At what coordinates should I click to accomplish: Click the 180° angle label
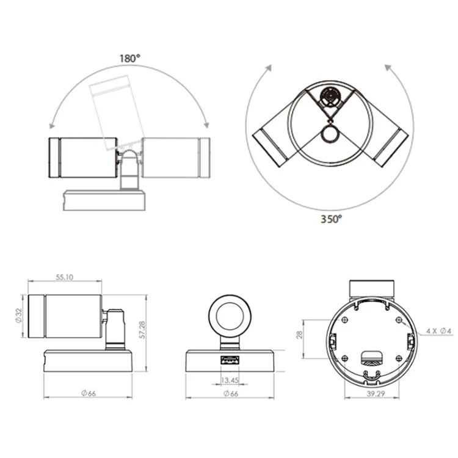coord(129,59)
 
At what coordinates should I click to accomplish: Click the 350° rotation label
coord(331,219)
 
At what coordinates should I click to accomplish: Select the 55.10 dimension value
coord(65,277)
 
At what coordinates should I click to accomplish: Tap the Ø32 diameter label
coord(19,316)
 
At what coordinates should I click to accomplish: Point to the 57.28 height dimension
coord(142,330)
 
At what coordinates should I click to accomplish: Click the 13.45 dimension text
coord(230,380)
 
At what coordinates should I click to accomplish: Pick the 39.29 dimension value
coord(376,393)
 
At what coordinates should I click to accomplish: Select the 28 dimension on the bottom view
coord(300,335)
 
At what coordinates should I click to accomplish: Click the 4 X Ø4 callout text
coord(438,331)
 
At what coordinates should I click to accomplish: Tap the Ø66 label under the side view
coord(89,393)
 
